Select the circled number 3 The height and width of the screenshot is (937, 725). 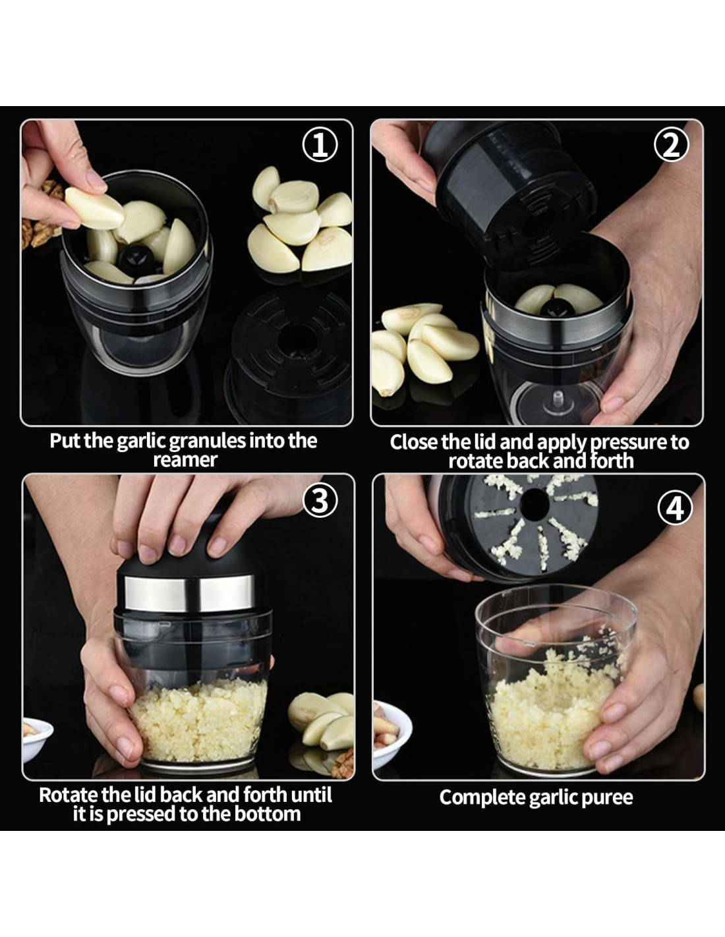point(320,500)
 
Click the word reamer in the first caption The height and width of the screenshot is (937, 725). point(185,460)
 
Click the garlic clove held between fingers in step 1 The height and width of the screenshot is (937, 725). point(95,208)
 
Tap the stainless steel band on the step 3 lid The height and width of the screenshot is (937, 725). point(189,593)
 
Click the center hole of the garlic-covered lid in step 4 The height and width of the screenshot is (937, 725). point(535,503)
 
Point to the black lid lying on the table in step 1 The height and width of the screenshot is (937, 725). point(289,354)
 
